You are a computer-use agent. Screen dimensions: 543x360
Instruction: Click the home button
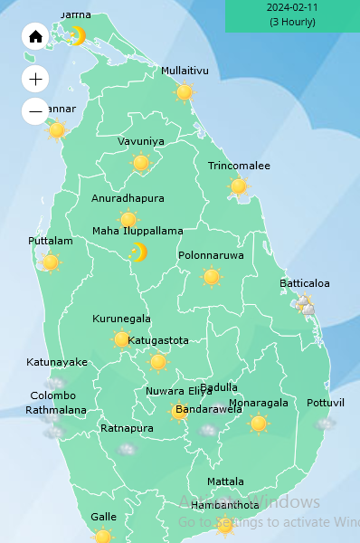click(35, 36)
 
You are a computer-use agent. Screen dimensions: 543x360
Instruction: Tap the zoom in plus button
click(35, 79)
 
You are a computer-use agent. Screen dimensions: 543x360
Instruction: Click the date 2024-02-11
click(291, 7)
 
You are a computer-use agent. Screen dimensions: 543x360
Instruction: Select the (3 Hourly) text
click(291, 22)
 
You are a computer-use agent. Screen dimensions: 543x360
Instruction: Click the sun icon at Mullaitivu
click(185, 91)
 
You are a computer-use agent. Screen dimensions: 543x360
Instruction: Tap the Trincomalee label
click(239, 166)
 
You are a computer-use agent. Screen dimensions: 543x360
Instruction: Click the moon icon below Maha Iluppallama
click(137, 252)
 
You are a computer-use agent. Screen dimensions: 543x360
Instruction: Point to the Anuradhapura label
click(128, 198)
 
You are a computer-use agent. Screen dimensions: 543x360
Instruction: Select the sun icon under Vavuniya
click(140, 163)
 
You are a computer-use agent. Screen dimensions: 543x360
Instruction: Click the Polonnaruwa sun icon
click(212, 277)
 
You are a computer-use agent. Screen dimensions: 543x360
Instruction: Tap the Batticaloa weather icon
click(307, 305)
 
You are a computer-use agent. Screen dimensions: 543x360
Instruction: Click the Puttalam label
click(50, 241)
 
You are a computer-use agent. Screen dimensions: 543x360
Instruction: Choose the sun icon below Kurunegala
click(121, 339)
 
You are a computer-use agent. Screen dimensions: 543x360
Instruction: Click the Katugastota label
click(158, 340)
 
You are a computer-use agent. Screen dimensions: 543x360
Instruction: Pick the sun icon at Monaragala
click(259, 424)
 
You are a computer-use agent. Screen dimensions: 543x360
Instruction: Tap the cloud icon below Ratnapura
click(127, 448)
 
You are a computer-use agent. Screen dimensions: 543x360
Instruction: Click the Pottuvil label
click(326, 402)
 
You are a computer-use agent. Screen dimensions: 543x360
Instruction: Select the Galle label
click(103, 517)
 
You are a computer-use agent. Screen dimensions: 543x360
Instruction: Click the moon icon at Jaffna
click(78, 35)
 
